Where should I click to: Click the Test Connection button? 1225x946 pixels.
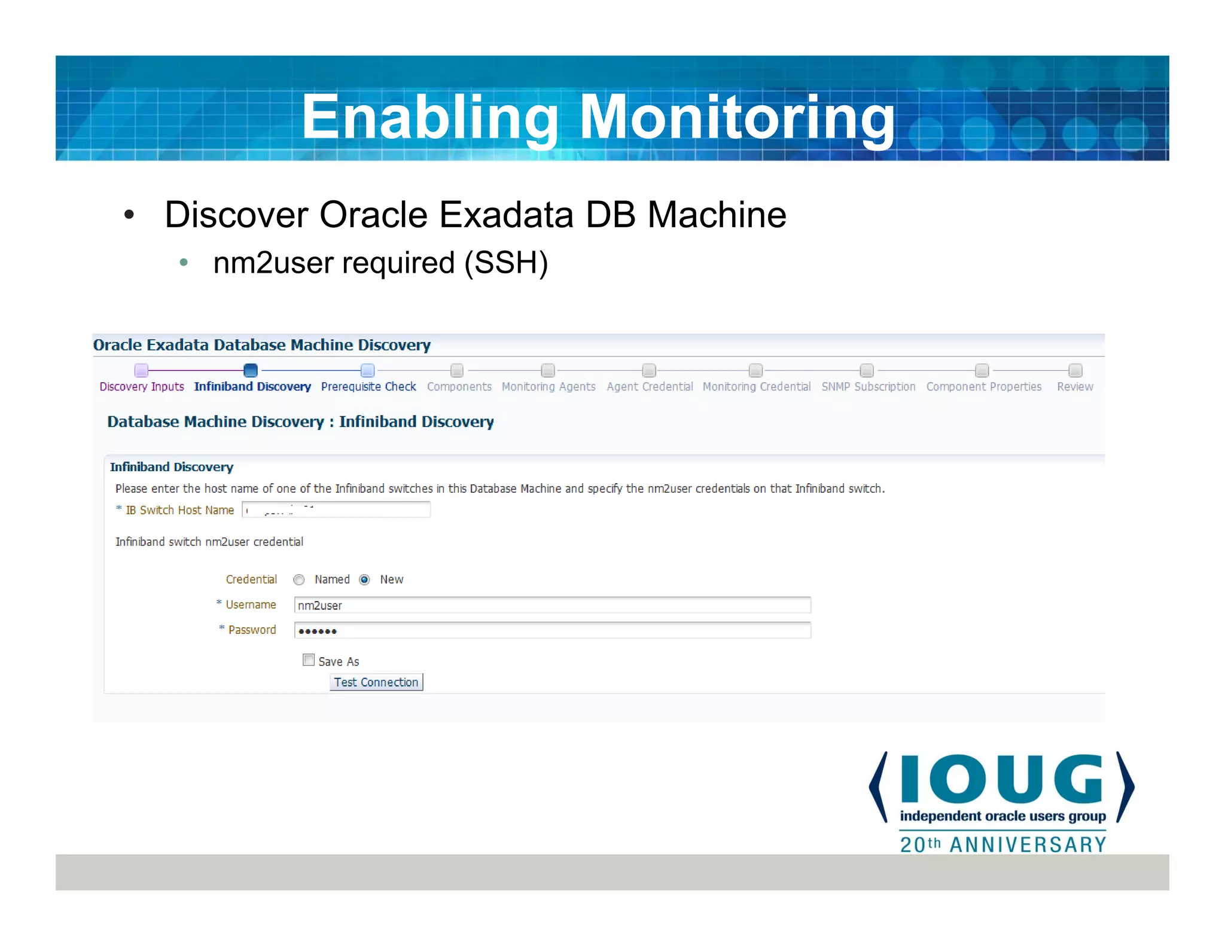(x=376, y=682)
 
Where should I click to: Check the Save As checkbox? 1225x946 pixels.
(x=309, y=660)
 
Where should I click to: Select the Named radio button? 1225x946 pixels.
(x=299, y=579)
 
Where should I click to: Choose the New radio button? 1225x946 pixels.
(x=364, y=579)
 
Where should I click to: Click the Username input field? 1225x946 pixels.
(x=551, y=605)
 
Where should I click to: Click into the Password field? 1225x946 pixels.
(x=551, y=630)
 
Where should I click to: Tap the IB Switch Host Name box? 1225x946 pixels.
(x=336, y=509)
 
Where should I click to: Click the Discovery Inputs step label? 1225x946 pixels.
(x=142, y=387)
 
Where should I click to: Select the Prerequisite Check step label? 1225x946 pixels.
(x=368, y=387)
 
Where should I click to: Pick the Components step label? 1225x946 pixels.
(x=459, y=387)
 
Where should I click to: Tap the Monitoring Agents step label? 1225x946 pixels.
(x=548, y=387)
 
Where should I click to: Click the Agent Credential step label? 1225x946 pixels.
(x=650, y=387)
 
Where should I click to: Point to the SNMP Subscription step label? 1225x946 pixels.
(x=868, y=387)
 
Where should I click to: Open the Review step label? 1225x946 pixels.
(x=1074, y=387)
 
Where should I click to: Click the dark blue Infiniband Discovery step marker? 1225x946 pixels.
(x=251, y=370)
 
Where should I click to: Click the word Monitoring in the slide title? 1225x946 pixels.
(x=737, y=118)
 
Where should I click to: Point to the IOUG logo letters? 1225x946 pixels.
(x=1001, y=779)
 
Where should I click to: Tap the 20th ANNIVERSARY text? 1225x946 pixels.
(x=1002, y=844)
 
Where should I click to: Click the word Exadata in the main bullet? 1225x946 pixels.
(x=506, y=215)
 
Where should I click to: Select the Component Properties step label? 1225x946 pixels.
(x=983, y=387)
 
